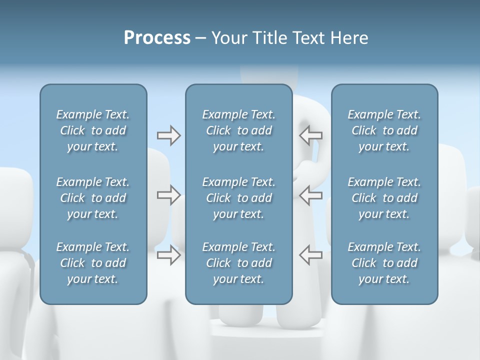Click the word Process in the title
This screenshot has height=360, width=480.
[157, 38]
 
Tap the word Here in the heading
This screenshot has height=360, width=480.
[349, 38]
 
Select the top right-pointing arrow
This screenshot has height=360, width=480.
[168, 135]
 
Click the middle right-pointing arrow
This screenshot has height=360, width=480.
[168, 195]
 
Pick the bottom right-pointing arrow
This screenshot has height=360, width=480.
[168, 255]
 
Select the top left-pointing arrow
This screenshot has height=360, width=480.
[311, 135]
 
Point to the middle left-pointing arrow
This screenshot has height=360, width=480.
[311, 195]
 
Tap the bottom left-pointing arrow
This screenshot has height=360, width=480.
[311, 255]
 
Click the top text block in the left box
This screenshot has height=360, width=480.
[93, 130]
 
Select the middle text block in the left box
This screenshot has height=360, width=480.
[93, 198]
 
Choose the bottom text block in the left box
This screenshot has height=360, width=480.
[93, 263]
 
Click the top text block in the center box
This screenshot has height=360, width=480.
[239, 130]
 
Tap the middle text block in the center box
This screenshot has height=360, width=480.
[239, 198]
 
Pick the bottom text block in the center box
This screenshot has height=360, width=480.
[239, 263]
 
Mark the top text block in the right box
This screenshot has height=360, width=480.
[384, 130]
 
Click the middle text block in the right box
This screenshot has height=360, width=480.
[384, 198]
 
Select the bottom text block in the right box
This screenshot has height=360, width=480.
[384, 263]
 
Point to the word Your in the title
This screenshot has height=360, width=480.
[227, 38]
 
